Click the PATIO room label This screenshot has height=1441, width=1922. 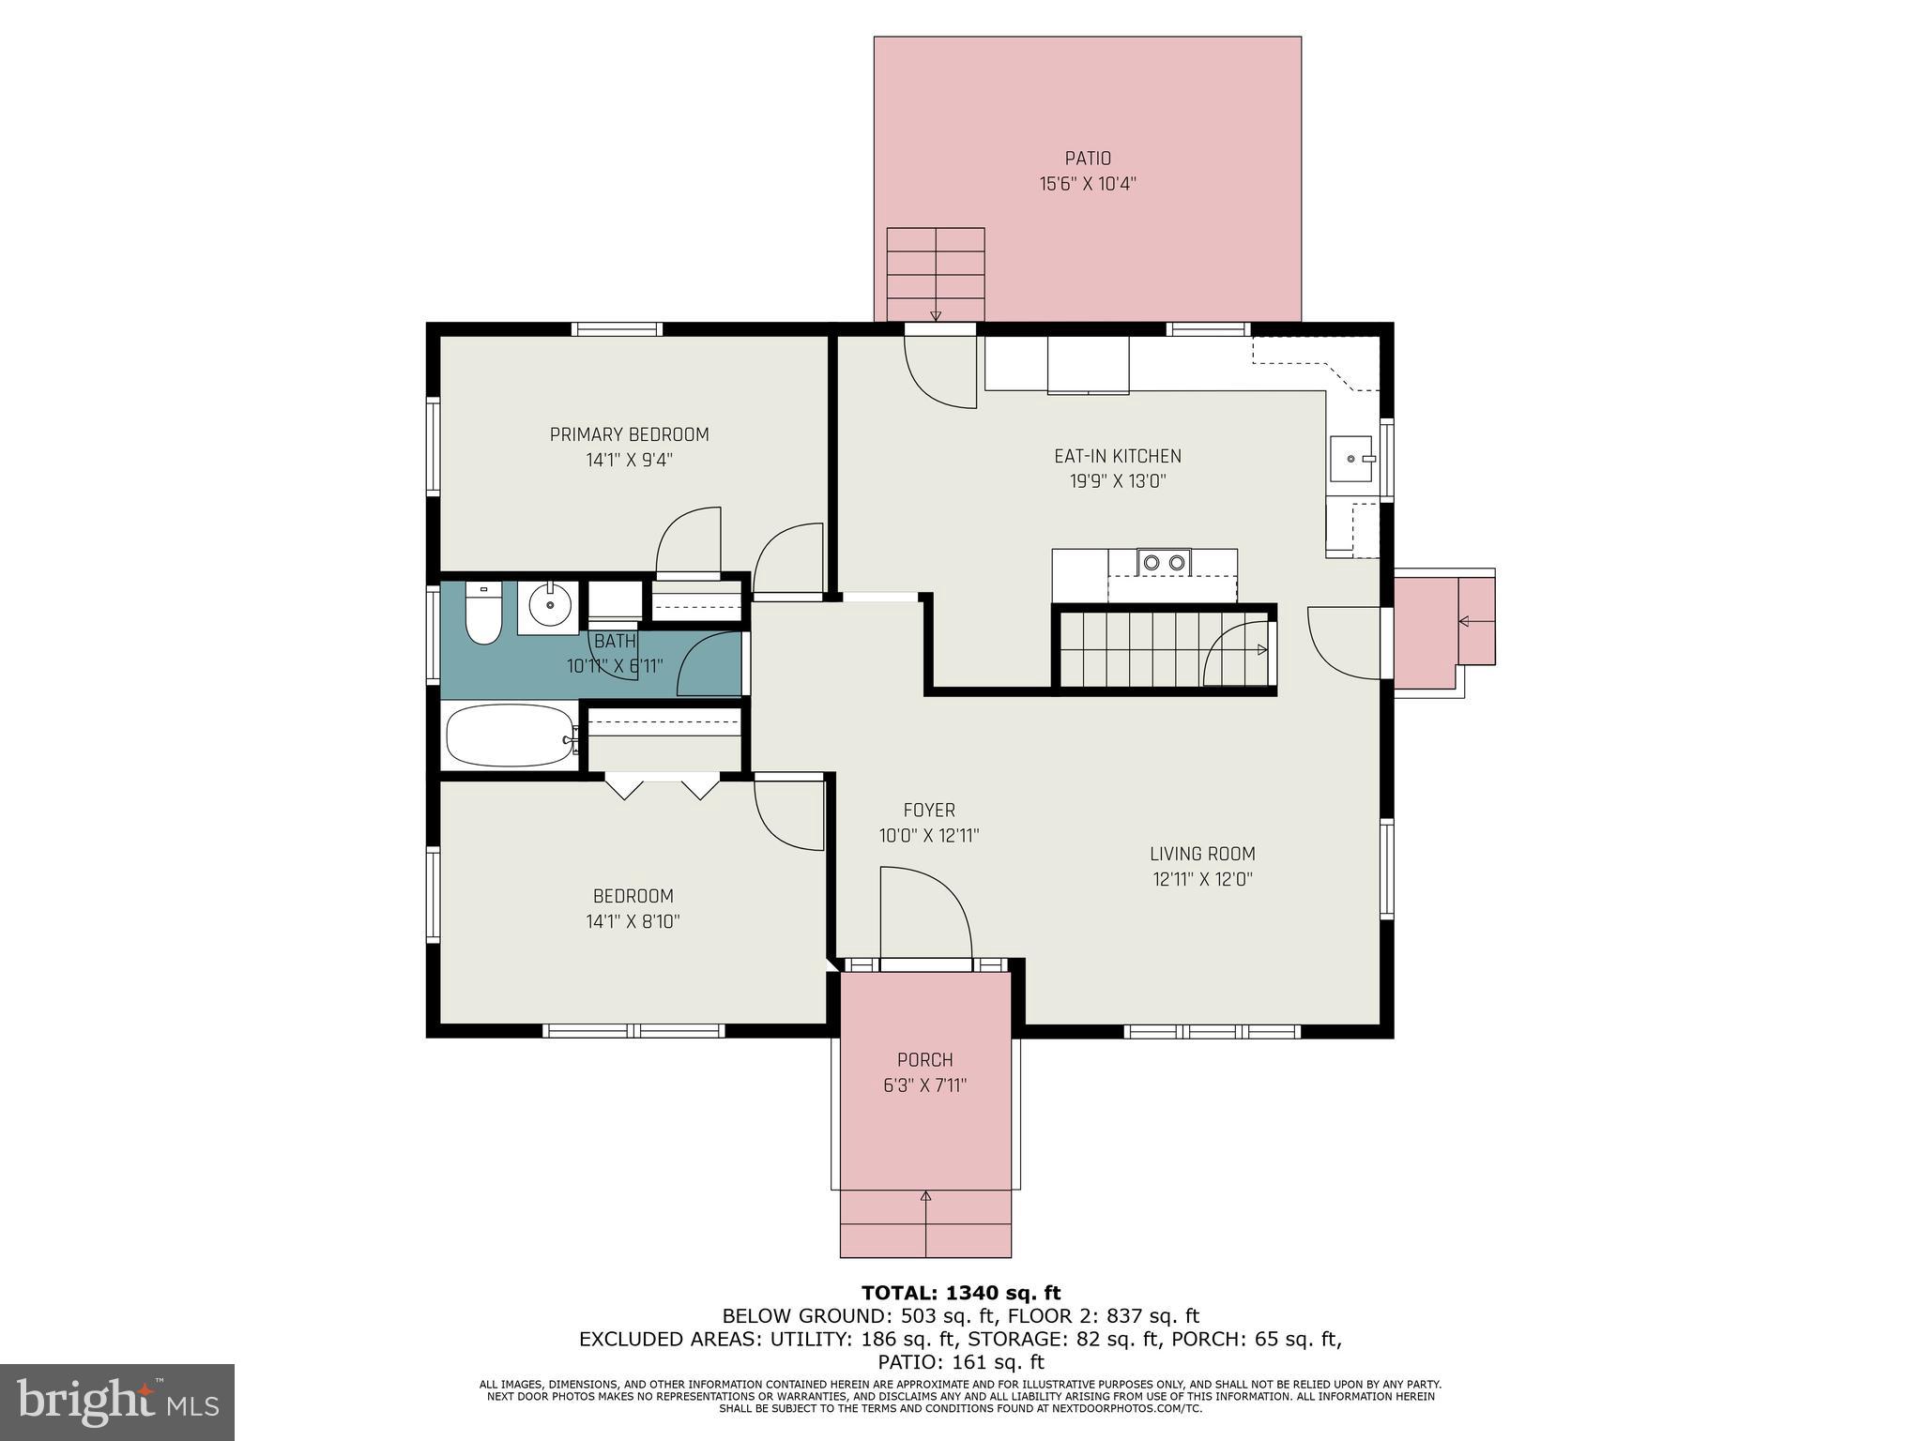1088,159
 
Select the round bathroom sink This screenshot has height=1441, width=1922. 548,606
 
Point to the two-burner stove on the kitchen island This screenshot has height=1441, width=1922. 1164,562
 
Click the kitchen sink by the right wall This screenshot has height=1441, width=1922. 1350,459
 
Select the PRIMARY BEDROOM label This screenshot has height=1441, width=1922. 629,434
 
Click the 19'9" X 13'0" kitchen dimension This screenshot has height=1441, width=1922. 1117,482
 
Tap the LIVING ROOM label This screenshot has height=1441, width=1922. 1202,854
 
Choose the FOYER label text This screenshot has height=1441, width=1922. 929,810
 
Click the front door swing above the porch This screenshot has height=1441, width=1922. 924,916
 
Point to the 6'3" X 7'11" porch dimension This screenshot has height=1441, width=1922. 924,1085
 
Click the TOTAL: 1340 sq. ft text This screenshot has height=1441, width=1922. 961,1293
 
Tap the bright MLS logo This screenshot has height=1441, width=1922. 117,1403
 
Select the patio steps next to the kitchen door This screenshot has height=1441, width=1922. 936,274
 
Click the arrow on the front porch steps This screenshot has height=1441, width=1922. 925,1196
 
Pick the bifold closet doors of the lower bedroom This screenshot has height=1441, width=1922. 662,785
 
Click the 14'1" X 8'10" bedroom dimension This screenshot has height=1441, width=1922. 633,921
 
